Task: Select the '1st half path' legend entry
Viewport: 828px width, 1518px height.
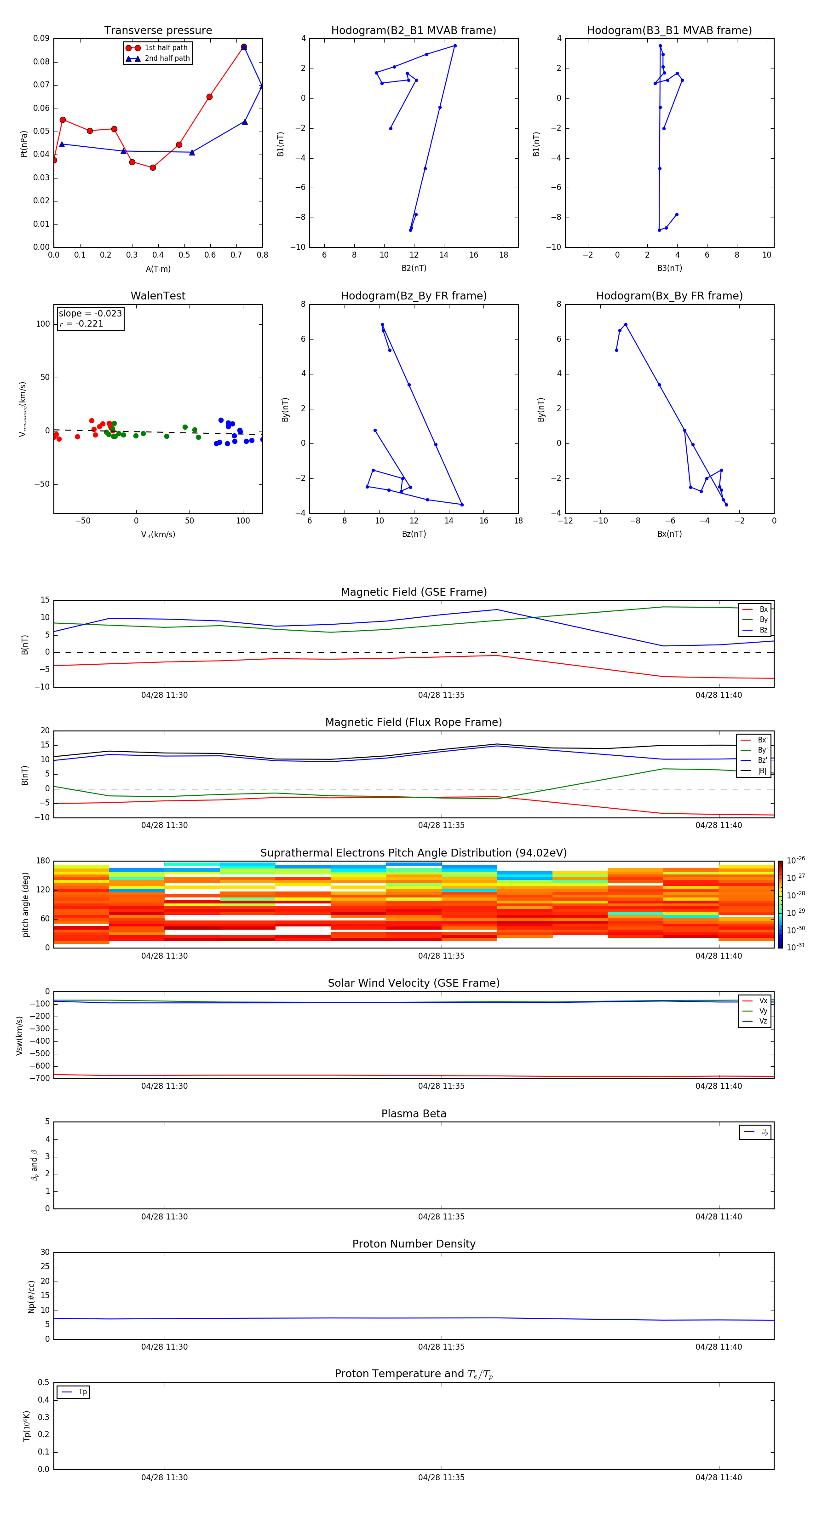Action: [x=166, y=48]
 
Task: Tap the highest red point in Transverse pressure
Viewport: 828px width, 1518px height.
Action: [x=243, y=46]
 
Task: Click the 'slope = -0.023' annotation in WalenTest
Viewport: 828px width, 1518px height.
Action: [x=90, y=314]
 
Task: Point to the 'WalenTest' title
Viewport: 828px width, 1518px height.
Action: [x=158, y=296]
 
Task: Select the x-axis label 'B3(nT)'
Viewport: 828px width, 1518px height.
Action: [x=669, y=268]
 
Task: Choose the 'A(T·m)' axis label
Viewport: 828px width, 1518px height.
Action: [x=158, y=269]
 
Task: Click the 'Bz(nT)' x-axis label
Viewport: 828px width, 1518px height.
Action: [x=414, y=534]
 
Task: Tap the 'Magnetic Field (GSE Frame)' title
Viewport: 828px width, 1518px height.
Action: [x=414, y=592]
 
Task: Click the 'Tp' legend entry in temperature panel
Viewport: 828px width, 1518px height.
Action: [x=82, y=1392]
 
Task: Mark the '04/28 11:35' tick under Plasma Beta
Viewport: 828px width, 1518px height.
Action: [x=442, y=1217]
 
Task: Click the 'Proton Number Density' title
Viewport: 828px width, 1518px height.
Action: [x=414, y=1244]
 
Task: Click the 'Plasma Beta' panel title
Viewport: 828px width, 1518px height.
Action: [x=414, y=1114]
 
